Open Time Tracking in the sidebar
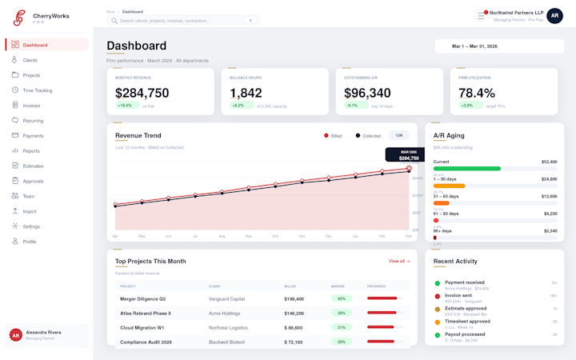(38, 90)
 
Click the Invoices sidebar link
(31, 106)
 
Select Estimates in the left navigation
(33, 166)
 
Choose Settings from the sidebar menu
(31, 226)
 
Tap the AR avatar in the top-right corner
(554, 15)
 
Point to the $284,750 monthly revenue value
(142, 93)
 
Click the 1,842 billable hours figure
(246, 93)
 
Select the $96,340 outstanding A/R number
(367, 93)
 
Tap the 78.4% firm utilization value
(477, 93)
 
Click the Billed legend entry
(333, 136)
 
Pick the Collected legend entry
(368, 136)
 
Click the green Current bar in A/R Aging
(467, 169)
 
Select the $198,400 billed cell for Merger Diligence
(294, 298)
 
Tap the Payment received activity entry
(464, 282)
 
